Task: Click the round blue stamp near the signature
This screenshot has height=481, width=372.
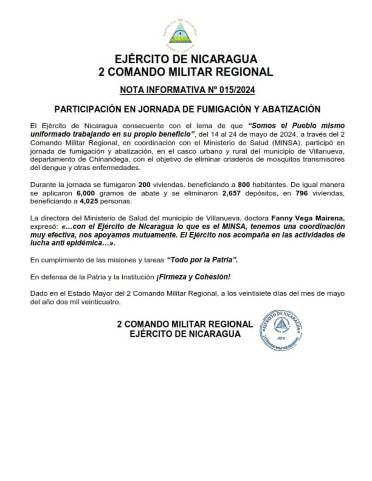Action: click(281, 330)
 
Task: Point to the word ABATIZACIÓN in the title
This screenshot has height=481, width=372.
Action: click(289, 109)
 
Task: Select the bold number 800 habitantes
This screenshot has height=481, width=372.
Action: click(245, 185)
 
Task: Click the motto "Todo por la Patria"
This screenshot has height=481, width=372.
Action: click(202, 260)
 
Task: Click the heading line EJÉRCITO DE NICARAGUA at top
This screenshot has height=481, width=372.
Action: click(186, 59)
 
